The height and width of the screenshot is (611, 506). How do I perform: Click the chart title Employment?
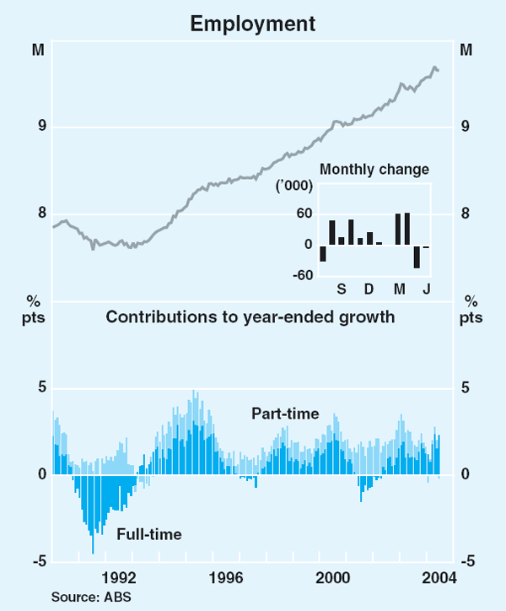[253, 24]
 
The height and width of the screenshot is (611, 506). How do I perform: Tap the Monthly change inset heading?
[374, 169]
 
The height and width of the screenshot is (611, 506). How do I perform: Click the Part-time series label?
[285, 414]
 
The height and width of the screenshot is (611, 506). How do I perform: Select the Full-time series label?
[149, 533]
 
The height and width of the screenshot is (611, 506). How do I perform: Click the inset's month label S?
[342, 289]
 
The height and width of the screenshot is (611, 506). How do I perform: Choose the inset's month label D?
[369, 289]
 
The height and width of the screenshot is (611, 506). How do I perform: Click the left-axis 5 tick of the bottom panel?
[40, 389]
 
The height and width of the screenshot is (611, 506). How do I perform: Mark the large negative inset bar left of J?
[417, 257]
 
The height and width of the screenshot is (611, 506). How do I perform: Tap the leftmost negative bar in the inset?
[323, 253]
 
